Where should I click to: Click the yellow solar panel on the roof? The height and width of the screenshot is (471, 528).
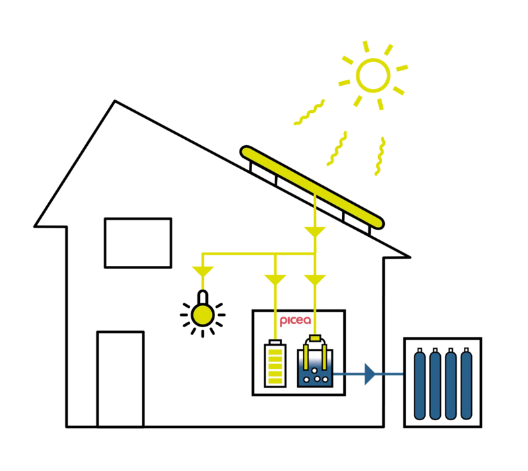coord(312,187)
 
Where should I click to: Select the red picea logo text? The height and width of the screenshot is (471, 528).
coord(295,321)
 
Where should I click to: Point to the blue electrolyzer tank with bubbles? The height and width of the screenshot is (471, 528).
coord(315,368)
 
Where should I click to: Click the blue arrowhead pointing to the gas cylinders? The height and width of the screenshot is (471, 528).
coord(370,374)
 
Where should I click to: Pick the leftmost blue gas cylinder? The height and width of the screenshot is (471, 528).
coord(420,384)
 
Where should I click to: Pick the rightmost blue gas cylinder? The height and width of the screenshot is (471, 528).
coord(467,384)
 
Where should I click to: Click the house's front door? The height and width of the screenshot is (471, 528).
coord(121,379)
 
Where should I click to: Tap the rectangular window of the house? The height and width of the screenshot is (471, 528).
coord(138,243)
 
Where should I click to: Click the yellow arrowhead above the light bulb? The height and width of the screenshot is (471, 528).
coord(203,272)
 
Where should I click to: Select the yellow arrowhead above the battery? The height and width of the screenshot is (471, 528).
coord(275,280)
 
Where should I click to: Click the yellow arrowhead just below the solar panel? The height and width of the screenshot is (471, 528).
coord(315,232)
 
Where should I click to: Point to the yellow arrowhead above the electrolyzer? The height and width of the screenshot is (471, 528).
coord(315,280)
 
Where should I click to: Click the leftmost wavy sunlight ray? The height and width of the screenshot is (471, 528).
coord(309,112)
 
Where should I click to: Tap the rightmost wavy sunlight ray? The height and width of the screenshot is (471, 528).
coord(380,156)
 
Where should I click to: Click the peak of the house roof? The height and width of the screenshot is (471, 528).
coord(115,101)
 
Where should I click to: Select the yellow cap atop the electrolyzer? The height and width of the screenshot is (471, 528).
coord(315,338)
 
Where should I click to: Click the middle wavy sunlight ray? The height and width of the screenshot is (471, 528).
coord(337,148)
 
